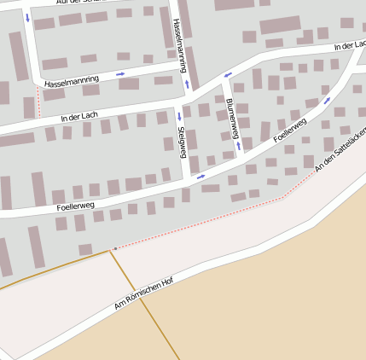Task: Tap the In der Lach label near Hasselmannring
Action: pos(79,114)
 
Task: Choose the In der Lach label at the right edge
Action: pos(350,43)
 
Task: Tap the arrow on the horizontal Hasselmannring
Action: pos(120,75)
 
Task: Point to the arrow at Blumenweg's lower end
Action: pos(238,146)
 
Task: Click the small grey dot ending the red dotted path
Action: pos(114,249)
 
